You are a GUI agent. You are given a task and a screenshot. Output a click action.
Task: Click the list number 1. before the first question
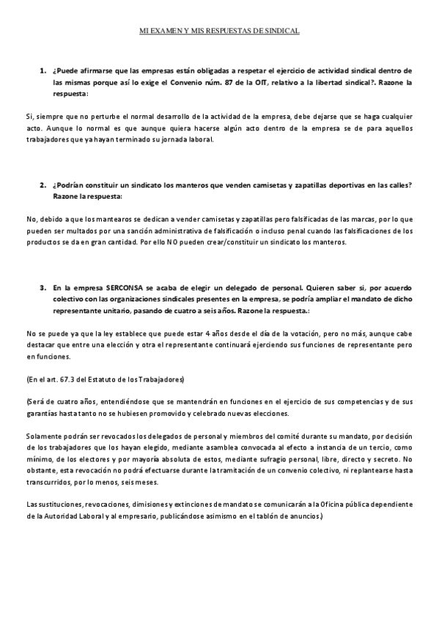(x=43, y=70)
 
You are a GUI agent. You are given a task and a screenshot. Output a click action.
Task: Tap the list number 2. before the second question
(x=43, y=186)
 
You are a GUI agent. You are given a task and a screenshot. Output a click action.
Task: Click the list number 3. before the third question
(x=43, y=289)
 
